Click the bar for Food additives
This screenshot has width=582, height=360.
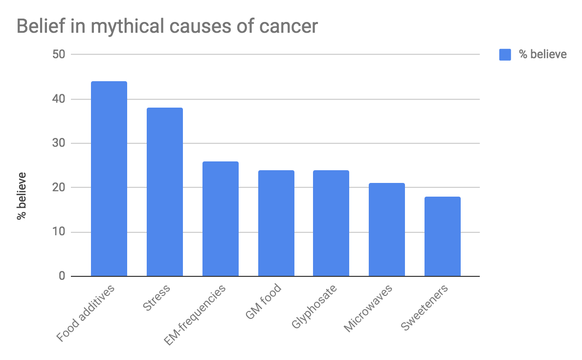109,179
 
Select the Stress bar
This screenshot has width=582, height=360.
165,192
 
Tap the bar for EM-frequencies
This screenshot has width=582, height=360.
221,219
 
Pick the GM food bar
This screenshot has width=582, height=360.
276,223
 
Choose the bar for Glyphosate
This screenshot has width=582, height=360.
331,223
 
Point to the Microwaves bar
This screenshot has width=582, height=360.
387,229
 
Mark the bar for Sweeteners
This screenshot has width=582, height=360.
443,236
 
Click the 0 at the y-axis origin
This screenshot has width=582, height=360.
62,276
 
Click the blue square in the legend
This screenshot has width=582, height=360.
505,54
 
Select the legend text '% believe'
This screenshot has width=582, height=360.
542,54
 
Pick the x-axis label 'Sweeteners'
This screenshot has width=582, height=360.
425,309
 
